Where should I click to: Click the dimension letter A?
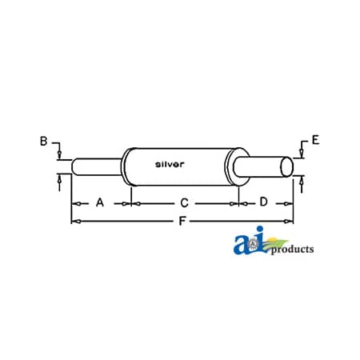click(x=100, y=203)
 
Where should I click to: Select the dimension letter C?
click(x=183, y=203)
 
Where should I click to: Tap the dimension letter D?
click(x=264, y=202)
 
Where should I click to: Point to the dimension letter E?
click(x=316, y=142)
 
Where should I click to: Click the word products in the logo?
click(x=292, y=250)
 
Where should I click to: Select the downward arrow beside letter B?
click(x=59, y=153)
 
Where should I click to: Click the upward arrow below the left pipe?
click(x=59, y=183)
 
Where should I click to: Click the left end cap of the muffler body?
click(x=127, y=168)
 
